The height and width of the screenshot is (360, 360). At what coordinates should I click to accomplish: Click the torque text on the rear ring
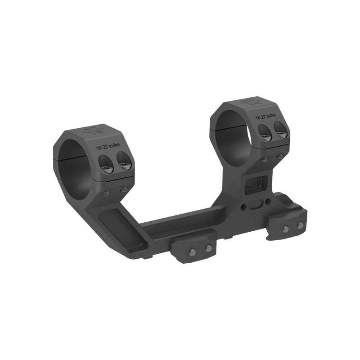(267, 117)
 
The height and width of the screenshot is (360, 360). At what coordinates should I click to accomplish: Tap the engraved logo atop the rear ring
(253, 103)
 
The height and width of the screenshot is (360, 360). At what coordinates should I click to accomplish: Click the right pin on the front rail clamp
(208, 247)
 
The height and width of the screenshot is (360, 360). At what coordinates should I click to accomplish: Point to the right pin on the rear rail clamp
(298, 225)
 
